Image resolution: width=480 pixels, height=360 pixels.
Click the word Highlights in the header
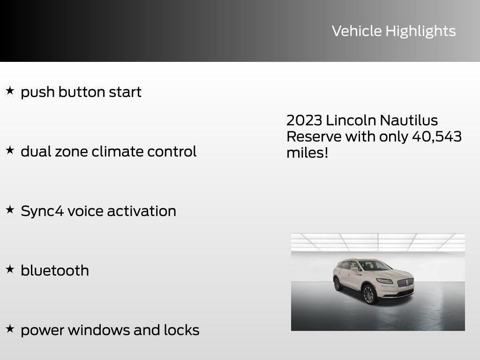pyautogui.click(x=420, y=31)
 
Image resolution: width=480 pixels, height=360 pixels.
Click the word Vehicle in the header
pyautogui.click(x=357, y=31)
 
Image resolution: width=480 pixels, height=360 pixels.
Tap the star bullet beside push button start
pyautogui.click(x=10, y=90)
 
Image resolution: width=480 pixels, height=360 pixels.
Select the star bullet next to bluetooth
pyautogui.click(x=10, y=269)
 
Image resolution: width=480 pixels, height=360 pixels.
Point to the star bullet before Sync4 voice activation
pyautogui.click(x=10, y=210)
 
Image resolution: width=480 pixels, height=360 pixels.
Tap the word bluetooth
pyautogui.click(x=55, y=270)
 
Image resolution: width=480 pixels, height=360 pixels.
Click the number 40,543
pyautogui.click(x=436, y=137)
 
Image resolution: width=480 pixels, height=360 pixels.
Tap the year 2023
pyautogui.click(x=304, y=120)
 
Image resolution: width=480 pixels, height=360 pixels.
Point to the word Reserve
pyautogui.click(x=314, y=137)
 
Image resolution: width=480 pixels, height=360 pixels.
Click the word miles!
pyautogui.click(x=307, y=153)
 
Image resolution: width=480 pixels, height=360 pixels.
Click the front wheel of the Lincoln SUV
pyautogui.click(x=369, y=294)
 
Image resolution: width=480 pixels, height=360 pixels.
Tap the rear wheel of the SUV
pyautogui.click(x=337, y=284)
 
